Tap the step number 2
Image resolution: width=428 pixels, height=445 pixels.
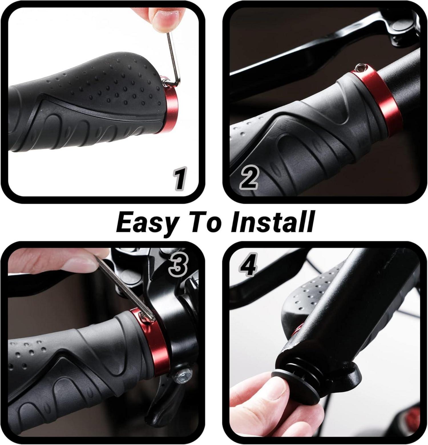point(249,178)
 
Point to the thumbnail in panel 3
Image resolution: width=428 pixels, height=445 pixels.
point(78,264)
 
